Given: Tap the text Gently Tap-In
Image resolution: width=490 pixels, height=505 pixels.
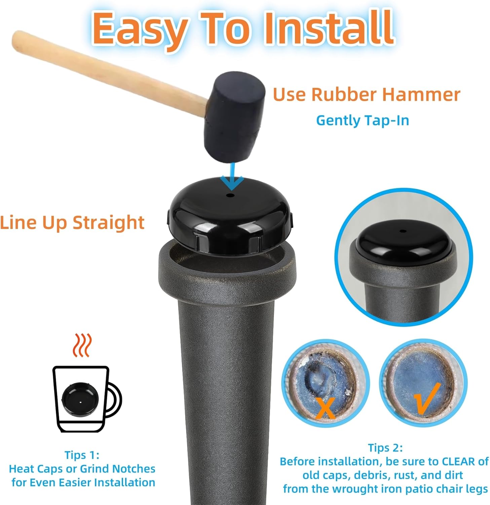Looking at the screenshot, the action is (363, 121).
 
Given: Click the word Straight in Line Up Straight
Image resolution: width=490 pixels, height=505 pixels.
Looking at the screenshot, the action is (109, 223).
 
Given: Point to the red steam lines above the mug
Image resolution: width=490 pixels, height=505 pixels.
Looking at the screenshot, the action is (82, 345).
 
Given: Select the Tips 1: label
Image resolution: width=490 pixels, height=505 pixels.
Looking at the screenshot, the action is (82, 455).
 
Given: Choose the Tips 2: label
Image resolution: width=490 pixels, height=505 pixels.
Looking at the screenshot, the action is (385, 448).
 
